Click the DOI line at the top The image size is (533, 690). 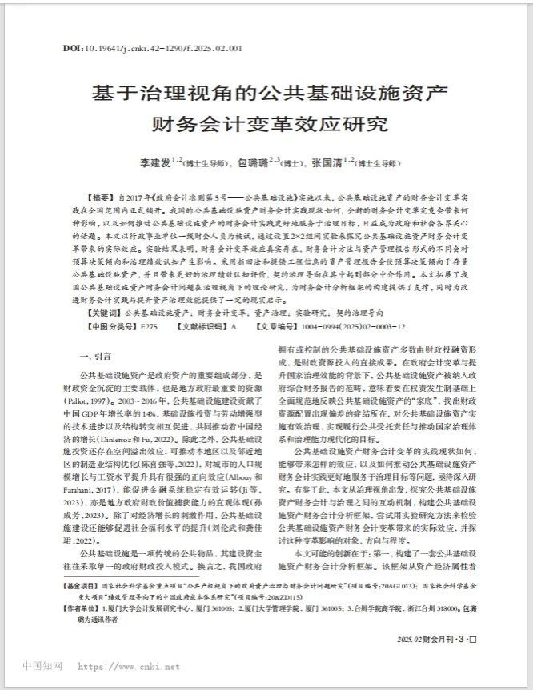152,48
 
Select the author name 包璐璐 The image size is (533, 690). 253,162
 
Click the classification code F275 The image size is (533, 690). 150,328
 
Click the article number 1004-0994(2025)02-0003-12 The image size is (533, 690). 359,328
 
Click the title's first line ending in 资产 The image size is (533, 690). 267,93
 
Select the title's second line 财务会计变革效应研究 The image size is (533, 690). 267,125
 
